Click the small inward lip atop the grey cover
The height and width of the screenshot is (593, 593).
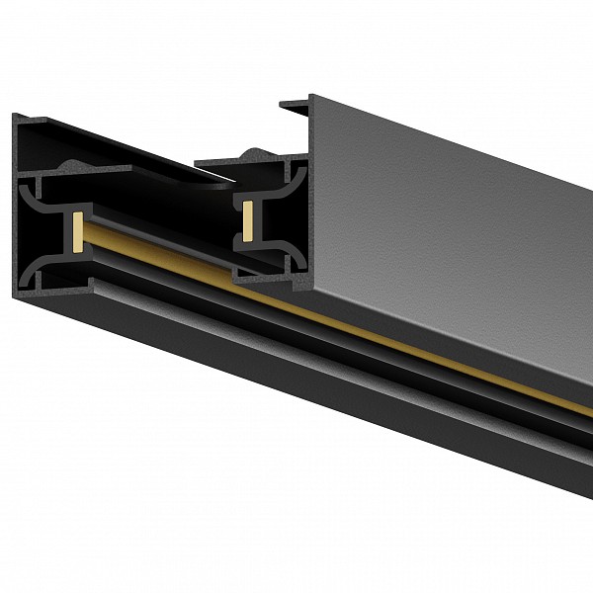[294, 102]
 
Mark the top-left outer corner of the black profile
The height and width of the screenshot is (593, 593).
[17, 116]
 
